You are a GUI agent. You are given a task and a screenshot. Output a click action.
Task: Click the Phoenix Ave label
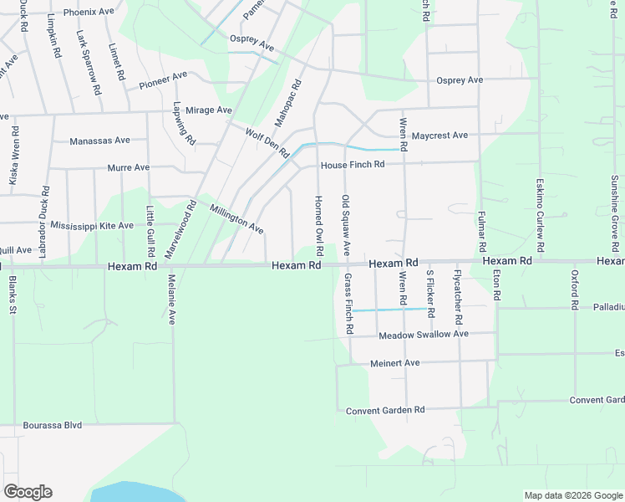pos(89,13)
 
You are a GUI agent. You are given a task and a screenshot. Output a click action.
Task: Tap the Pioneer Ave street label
pos(163,80)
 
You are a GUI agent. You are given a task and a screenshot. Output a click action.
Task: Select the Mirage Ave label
pos(208,110)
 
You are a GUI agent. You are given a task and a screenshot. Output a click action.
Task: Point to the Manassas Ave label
pos(100,141)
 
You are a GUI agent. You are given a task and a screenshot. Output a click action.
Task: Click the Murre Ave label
pos(129,167)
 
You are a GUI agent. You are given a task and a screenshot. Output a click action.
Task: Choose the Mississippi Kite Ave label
pos(91,226)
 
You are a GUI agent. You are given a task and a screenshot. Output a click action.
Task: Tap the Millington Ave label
pos(236,219)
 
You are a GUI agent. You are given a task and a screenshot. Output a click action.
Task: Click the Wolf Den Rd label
pos(267,142)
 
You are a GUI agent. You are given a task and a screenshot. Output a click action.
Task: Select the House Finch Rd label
pos(353,164)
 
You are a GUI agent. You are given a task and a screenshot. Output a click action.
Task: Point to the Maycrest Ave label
pos(440,135)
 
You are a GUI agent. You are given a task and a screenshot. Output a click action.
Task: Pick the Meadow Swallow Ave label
pos(423,335)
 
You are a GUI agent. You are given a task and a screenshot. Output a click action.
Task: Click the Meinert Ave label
pos(394,363)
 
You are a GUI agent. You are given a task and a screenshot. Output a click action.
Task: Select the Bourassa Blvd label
pos(53,425)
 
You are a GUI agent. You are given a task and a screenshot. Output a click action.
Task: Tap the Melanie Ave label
pos(171,299)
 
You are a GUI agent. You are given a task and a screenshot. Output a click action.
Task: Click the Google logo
pos(28,492)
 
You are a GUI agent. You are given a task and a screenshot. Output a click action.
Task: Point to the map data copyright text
pos(572,495)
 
